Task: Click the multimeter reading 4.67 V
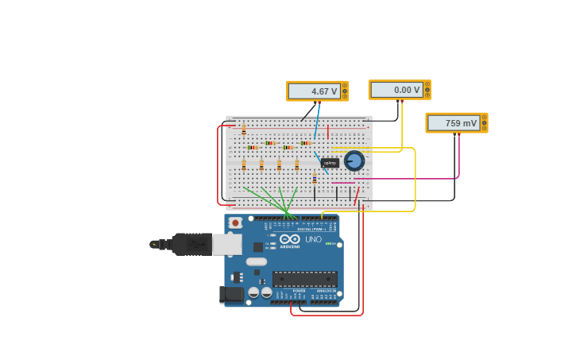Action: coord(316,91)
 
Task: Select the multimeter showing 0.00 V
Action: coord(398,90)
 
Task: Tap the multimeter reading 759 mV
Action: coord(455,122)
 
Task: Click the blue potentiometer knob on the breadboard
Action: coord(354,161)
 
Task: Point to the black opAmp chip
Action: coord(330,163)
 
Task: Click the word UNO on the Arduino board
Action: coord(313,239)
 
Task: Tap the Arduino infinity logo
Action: coord(289,238)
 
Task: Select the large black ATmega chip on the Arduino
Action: coord(304,278)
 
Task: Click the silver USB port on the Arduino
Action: coord(226,244)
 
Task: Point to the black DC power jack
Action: coord(231,294)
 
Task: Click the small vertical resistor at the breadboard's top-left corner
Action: coord(244,130)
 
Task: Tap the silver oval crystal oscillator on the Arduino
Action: coord(257,261)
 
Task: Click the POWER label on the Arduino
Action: coord(299,291)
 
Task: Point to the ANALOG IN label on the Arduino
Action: coord(326,291)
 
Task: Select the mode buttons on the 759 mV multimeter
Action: coord(484,122)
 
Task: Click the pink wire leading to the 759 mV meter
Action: coord(458,159)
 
